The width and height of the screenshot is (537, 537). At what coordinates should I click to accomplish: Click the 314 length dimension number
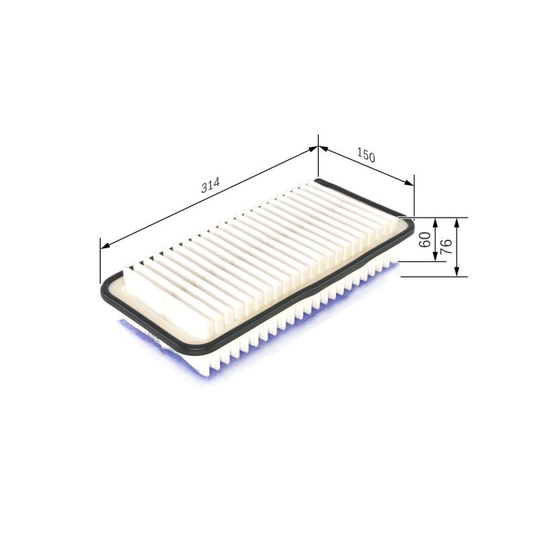[x=211, y=186]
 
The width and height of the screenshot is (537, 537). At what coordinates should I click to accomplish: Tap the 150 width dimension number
[x=365, y=156]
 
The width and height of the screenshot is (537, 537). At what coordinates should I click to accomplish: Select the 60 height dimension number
[x=425, y=239]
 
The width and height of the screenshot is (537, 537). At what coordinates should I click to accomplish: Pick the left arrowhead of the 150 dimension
[x=322, y=149]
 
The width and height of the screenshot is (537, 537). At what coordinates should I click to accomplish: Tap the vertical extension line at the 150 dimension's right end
[x=414, y=195]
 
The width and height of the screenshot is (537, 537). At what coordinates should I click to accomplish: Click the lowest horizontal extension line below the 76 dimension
[x=430, y=276]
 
